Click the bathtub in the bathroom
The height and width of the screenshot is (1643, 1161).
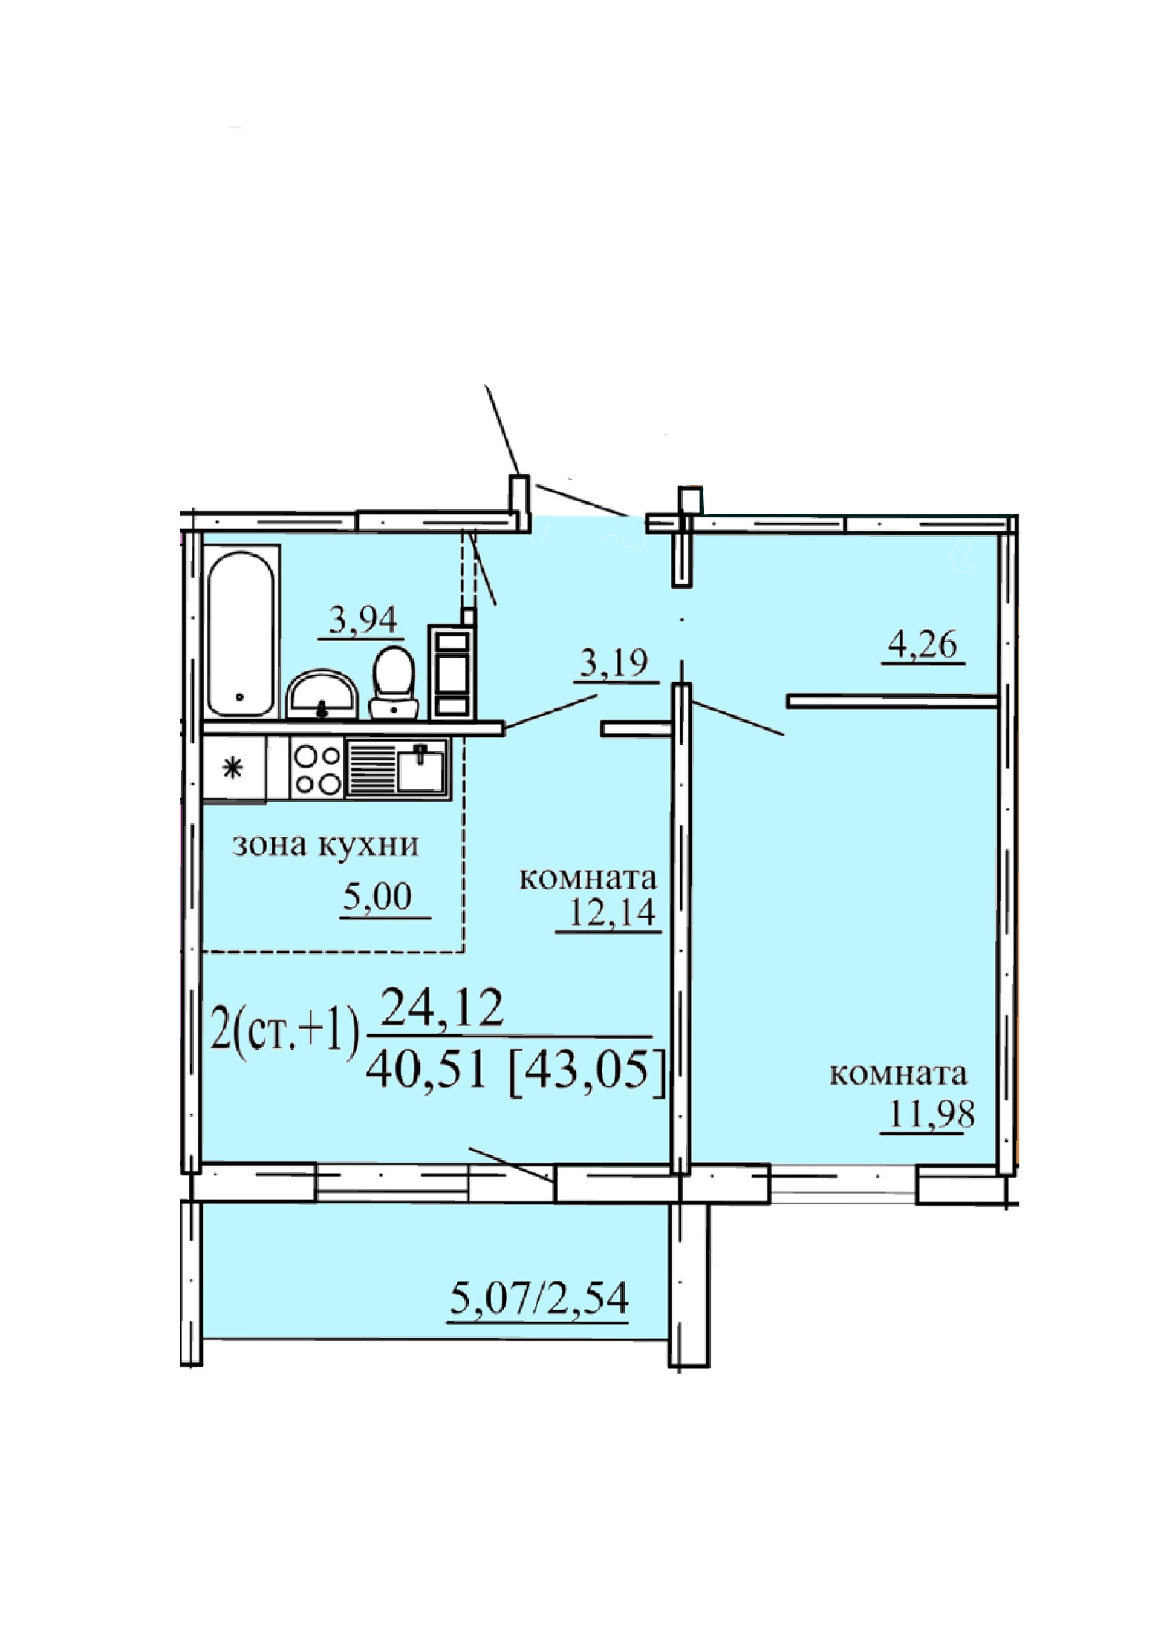click(240, 633)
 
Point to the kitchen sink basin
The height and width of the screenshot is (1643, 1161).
click(421, 768)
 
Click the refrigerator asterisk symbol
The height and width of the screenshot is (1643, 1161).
click(233, 768)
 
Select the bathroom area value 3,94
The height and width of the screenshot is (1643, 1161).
click(363, 619)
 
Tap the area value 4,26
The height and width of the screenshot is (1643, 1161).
click(922, 645)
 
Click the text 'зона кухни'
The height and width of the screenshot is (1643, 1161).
click(326, 845)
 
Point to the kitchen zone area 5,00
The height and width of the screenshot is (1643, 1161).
click(378, 897)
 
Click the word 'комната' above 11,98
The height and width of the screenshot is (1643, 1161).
click(899, 1073)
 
